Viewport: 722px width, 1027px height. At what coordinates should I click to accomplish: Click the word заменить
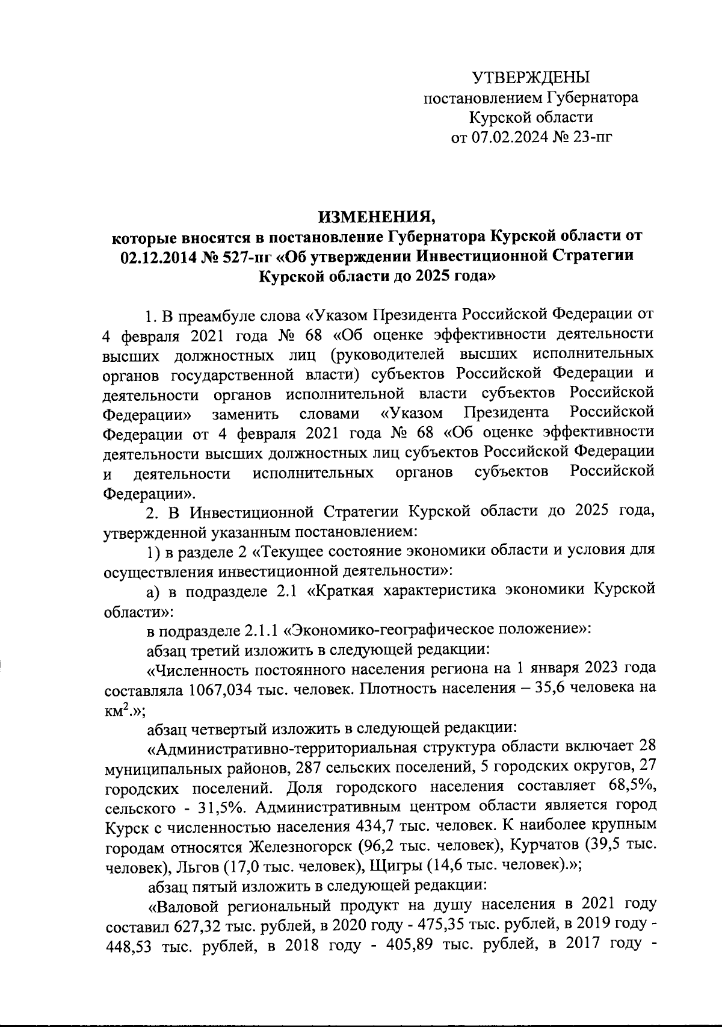[245, 414]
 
